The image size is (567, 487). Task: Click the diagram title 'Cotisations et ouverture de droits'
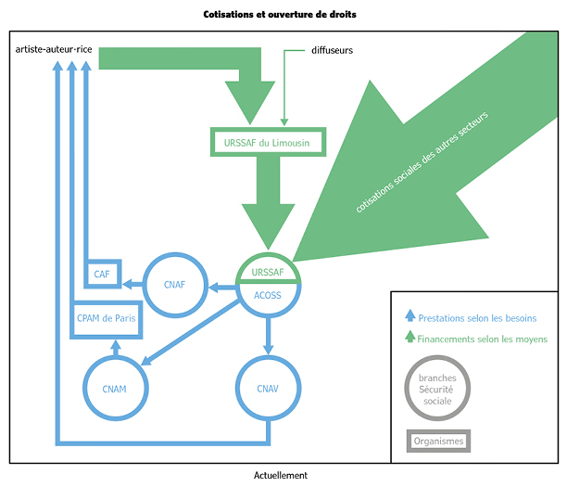tap(279, 15)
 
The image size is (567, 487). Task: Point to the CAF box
tap(102, 274)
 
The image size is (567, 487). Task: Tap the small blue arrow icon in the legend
tap(409, 317)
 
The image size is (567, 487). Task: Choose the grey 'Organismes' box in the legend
tap(438, 441)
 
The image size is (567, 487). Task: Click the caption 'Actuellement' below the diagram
tap(280, 475)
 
